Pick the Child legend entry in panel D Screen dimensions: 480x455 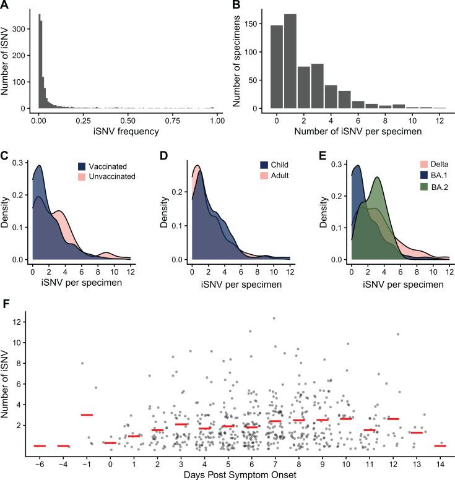pyautogui.click(x=225, y=165)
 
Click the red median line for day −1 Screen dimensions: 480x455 pyautogui.click(x=87, y=414)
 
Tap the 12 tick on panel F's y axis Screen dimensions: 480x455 pyautogui.click(x=20, y=322)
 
